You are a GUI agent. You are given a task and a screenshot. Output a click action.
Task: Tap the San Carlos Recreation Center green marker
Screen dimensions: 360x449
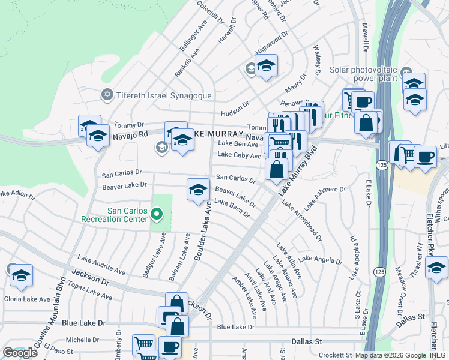coord(157,214)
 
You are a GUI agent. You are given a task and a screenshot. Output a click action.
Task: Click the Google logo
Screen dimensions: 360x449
coord(20,352)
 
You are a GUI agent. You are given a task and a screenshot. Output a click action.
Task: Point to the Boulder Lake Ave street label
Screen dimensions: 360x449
coord(203,231)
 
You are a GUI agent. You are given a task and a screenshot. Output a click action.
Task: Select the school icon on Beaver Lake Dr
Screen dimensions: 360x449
coord(198,190)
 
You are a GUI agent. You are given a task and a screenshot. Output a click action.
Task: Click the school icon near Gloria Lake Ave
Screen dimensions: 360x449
coord(21,275)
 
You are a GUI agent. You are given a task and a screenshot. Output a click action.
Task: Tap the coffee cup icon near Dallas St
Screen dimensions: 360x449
coord(170,347)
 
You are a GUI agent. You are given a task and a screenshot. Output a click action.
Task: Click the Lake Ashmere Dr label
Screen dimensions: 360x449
coord(324,198)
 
